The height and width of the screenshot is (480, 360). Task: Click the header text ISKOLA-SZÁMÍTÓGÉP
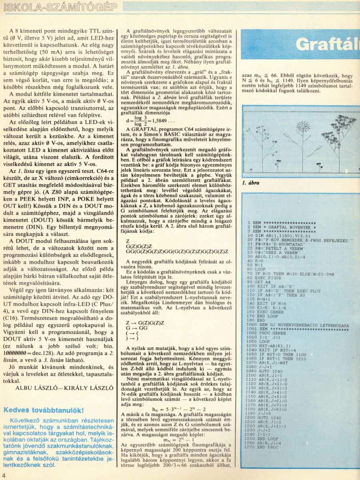[x=60, y=7]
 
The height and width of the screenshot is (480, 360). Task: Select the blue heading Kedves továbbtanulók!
[x=44, y=410]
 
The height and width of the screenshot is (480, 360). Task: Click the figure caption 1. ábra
[x=251, y=183]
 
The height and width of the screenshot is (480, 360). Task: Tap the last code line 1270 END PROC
[x=264, y=458]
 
